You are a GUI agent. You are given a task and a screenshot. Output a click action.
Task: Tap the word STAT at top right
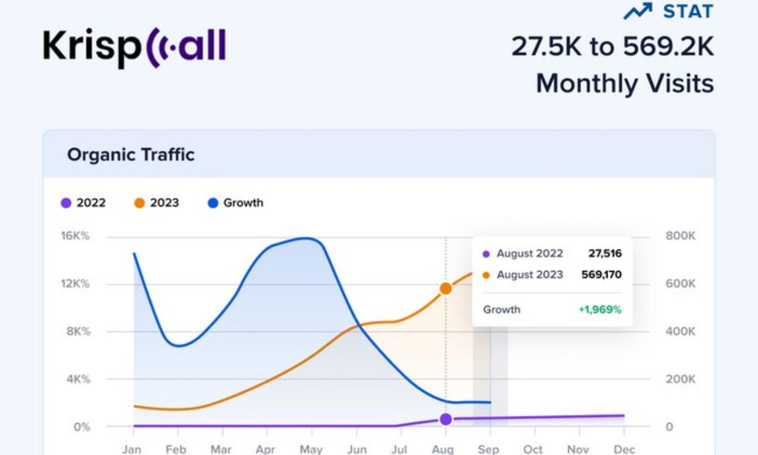tap(688, 11)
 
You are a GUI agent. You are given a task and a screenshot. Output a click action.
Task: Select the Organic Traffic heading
tap(130, 155)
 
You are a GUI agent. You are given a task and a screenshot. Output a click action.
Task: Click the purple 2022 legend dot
tap(66, 203)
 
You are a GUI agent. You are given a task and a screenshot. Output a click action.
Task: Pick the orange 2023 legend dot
tap(139, 203)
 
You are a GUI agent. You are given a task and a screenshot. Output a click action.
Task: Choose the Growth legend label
tap(243, 203)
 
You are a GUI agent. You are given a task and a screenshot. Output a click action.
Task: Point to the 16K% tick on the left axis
tap(75, 236)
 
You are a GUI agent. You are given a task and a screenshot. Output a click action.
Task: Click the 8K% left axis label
tap(78, 331)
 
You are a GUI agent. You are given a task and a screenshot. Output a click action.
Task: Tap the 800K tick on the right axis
tap(680, 236)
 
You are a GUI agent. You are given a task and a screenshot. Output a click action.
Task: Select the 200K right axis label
tap(680, 379)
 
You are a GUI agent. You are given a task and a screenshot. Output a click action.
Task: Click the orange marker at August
tap(445, 289)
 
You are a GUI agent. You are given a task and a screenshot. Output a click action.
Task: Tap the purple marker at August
tap(445, 419)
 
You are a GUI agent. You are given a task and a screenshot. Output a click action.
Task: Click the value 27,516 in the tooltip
tap(605, 254)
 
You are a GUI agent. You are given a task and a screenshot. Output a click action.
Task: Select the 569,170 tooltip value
tap(602, 275)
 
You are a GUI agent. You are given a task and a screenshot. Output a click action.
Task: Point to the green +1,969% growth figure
tap(600, 309)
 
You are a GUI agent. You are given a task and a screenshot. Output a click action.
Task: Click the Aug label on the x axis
tap(443, 450)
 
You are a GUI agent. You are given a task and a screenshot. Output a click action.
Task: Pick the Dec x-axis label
tap(624, 450)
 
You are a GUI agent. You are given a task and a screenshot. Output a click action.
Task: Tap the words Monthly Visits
tap(625, 83)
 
